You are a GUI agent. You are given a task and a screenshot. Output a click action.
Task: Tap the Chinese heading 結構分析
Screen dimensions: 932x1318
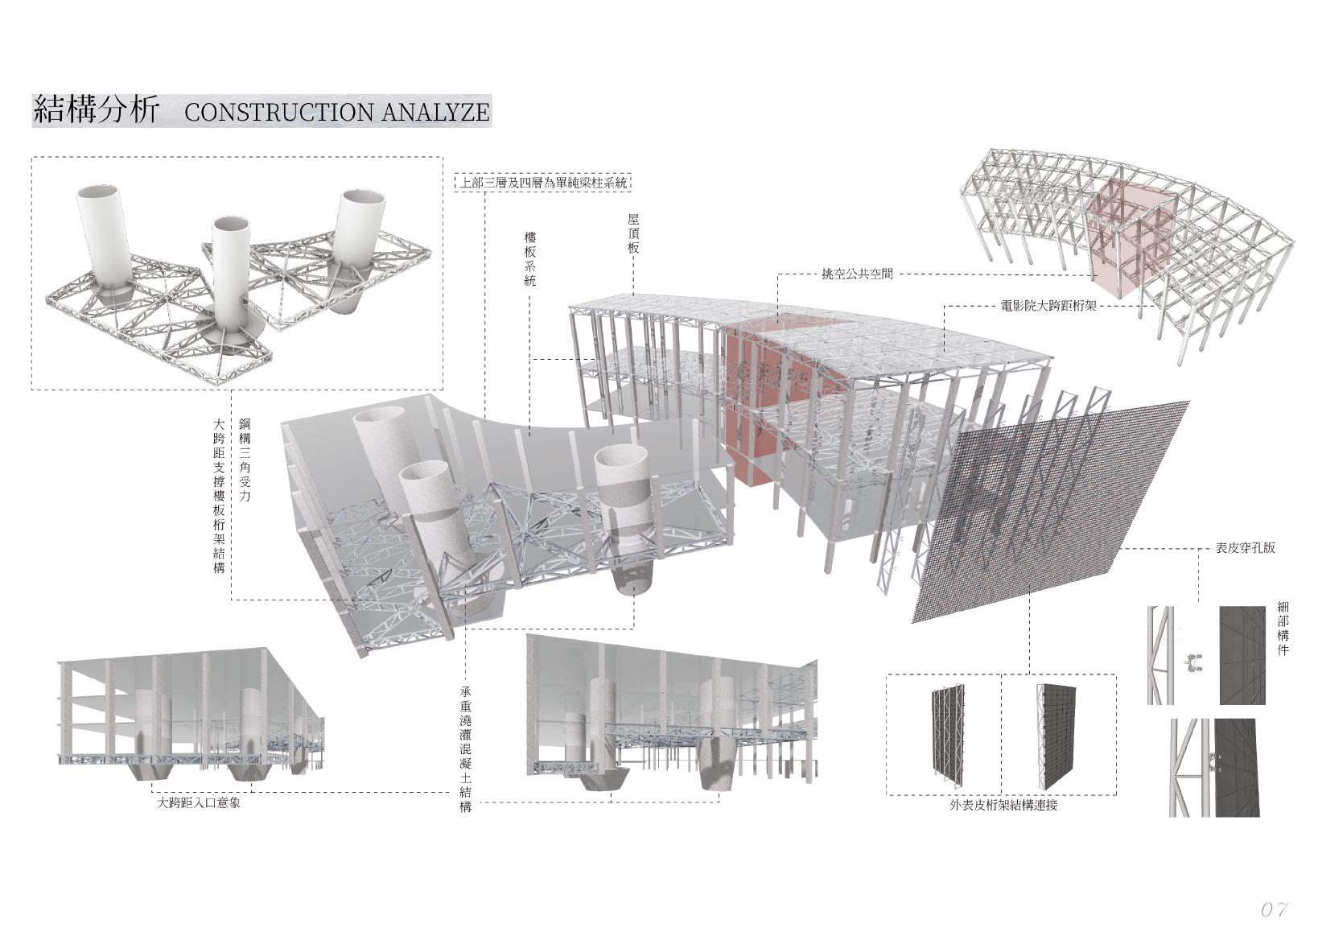pyautogui.click(x=96, y=110)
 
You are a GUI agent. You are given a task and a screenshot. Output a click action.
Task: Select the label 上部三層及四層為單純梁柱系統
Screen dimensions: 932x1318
pyautogui.click(x=542, y=183)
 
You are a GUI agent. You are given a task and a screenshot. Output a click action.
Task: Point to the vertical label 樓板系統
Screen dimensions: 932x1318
pyautogui.click(x=529, y=259)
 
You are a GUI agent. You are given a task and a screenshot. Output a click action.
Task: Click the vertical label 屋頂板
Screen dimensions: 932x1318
pyautogui.click(x=633, y=233)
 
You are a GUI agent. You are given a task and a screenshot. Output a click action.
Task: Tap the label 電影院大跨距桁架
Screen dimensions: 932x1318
pyautogui.click(x=1048, y=306)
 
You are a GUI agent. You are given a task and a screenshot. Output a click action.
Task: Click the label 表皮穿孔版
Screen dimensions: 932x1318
pyautogui.click(x=1245, y=549)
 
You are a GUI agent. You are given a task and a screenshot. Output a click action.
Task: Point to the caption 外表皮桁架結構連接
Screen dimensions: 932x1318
pyautogui.click(x=1003, y=804)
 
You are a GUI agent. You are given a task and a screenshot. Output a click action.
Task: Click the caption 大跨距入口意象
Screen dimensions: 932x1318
pyautogui.click(x=198, y=802)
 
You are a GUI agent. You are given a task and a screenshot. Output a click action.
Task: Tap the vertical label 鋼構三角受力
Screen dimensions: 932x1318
pyautogui.click(x=245, y=460)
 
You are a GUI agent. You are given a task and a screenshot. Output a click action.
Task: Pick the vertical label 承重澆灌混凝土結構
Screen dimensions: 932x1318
pyautogui.click(x=465, y=748)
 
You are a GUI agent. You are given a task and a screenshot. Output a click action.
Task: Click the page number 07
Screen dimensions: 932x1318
pyautogui.click(x=1275, y=909)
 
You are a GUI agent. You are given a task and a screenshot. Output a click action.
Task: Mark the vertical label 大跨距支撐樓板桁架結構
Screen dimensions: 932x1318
pyautogui.click(x=219, y=494)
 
